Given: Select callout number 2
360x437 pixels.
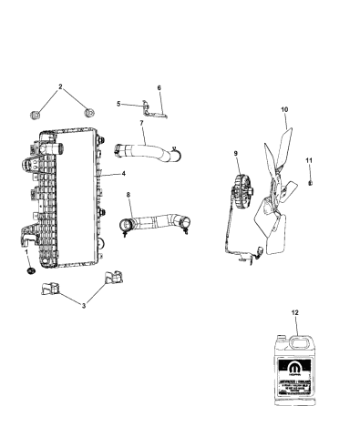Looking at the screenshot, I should pyautogui.click(x=61, y=87).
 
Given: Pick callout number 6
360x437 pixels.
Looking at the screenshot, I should pyautogui.click(x=159, y=88).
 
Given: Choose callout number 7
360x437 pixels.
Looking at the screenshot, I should pyautogui.click(x=142, y=123).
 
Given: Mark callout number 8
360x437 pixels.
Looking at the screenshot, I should pyautogui.click(x=129, y=194).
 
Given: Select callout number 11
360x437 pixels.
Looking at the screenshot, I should pyautogui.click(x=309, y=162).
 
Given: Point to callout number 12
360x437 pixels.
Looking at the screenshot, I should pyautogui.click(x=294, y=311).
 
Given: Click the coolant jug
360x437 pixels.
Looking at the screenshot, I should pyautogui.click(x=293, y=364).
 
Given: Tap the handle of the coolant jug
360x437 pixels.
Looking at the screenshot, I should pyautogui.click(x=294, y=338).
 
